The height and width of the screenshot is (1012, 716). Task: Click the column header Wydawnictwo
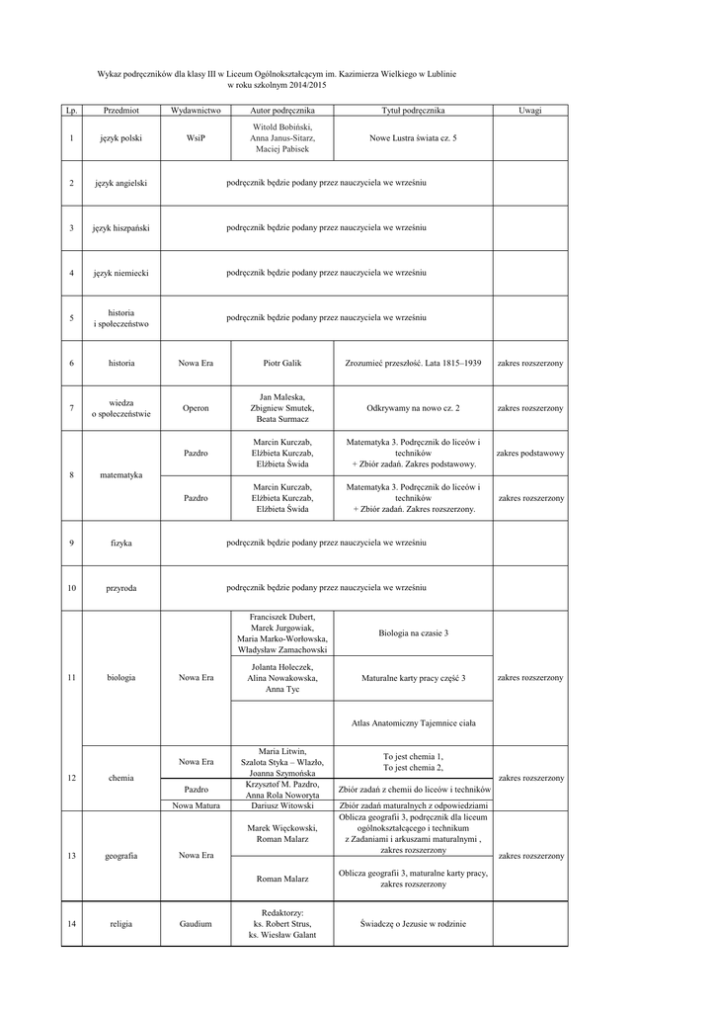[x=196, y=111]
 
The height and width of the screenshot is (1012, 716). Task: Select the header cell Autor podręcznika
[x=281, y=111]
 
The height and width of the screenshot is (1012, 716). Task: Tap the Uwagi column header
[x=530, y=111]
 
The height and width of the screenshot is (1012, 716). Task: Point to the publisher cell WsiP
[x=196, y=138]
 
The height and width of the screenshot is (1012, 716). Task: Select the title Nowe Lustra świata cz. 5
[x=413, y=138]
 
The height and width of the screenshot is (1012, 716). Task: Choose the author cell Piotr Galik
[x=281, y=364]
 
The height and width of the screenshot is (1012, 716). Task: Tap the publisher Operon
[x=196, y=408]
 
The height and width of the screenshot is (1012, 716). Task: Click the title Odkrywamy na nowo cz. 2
[x=413, y=408]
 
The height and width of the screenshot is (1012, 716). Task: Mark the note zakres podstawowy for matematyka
[x=530, y=453]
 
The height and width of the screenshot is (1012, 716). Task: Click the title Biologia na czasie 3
[x=413, y=632]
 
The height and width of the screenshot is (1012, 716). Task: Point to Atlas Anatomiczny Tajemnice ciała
[x=413, y=723]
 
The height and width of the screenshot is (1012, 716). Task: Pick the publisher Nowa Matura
[x=196, y=805]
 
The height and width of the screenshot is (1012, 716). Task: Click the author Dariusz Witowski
[x=281, y=805]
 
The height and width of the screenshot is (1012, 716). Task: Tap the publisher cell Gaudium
[x=196, y=924]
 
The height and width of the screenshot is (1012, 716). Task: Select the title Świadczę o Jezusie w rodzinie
[x=413, y=924]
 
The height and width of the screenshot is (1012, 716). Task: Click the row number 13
[x=71, y=856]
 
